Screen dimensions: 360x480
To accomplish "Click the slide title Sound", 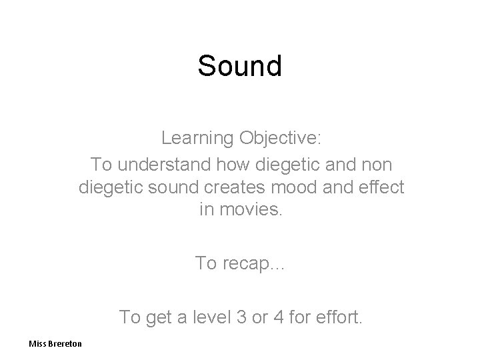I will tap(240, 66).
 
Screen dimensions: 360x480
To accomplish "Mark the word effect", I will tap(381, 187).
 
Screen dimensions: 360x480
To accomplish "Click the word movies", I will tap(250, 211).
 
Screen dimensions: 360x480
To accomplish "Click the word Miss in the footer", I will tap(38, 343).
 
